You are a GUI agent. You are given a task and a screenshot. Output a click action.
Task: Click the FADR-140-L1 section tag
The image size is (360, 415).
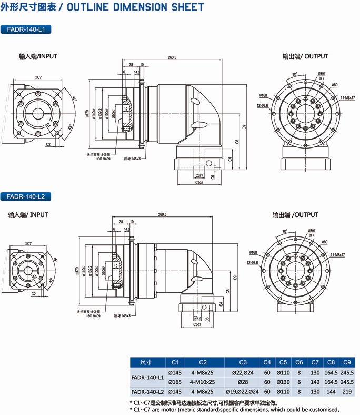point(26,29)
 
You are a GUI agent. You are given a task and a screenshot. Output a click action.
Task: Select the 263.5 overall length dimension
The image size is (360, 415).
point(172,57)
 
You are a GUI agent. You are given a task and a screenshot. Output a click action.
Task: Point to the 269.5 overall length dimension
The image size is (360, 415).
point(162,215)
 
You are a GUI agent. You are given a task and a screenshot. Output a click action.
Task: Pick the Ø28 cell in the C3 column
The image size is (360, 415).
point(243,382)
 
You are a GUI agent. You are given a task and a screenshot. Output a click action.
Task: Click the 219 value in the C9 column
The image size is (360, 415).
point(346,391)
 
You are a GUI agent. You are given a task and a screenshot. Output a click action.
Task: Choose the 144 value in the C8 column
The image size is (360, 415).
point(331,391)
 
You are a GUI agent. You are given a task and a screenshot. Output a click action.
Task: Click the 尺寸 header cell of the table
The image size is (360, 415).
point(146,362)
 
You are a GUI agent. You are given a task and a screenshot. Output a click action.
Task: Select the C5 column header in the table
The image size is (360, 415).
point(283,362)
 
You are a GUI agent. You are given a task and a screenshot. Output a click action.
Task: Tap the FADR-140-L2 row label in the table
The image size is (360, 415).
point(147,391)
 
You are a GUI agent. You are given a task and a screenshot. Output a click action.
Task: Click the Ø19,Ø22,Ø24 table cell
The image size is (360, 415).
point(243,391)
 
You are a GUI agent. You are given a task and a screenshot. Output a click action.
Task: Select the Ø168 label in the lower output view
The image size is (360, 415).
point(253,252)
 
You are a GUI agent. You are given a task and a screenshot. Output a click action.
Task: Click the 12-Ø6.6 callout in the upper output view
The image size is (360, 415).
point(262,105)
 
